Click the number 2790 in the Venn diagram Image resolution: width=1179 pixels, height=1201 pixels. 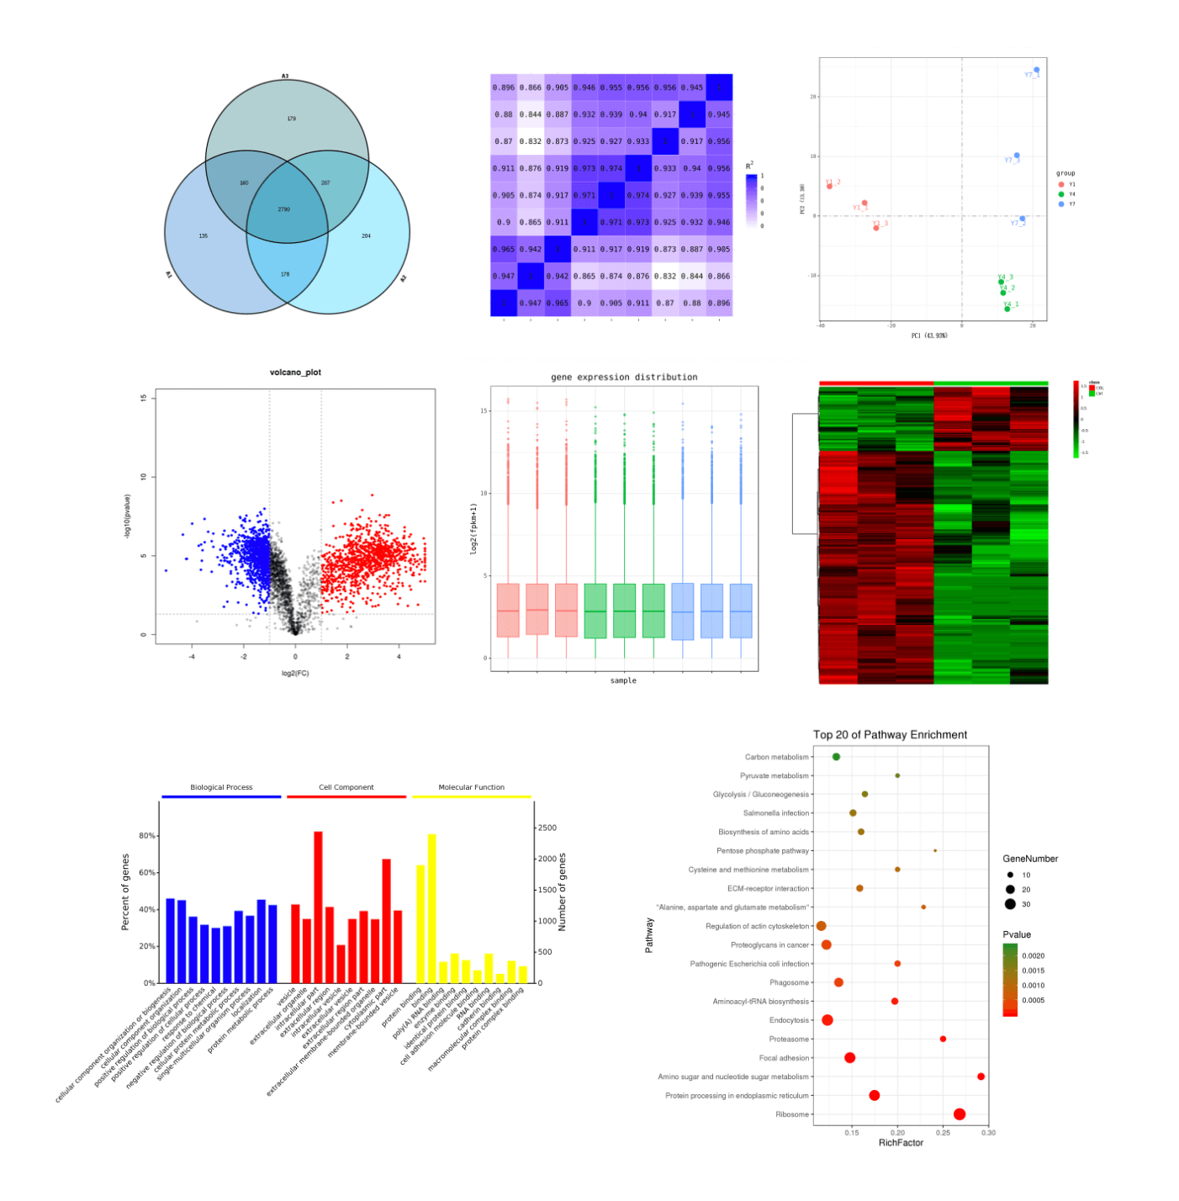point(284,209)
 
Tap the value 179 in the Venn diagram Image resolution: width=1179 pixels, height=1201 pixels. point(291,119)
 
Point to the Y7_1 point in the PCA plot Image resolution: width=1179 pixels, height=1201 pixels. point(1036,70)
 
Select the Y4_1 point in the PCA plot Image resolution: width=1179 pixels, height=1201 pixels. point(1007,309)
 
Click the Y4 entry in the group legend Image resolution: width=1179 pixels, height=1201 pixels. point(1071,194)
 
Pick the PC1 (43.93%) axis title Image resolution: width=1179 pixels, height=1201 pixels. point(929,336)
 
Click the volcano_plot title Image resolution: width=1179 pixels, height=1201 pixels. point(295,372)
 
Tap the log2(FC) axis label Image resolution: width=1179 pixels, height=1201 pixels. point(295,673)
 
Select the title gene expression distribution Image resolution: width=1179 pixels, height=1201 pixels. point(624,377)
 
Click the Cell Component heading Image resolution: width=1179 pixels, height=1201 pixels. point(346,787)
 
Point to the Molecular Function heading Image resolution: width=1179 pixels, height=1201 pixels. point(471,787)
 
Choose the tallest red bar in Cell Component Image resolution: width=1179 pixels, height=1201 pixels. point(318,907)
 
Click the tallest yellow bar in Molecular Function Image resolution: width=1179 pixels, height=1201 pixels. point(432,908)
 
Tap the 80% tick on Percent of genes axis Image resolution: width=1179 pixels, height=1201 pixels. point(147,836)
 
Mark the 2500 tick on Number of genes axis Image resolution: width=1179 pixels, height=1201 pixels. point(547,828)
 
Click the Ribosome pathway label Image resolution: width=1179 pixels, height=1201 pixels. point(792,1114)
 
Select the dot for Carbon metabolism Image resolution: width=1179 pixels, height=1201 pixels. point(836,757)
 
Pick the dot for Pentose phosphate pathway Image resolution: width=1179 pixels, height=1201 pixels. point(935,850)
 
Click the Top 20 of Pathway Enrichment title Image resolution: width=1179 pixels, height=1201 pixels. point(890,734)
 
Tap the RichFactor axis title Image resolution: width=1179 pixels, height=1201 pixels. point(901,1143)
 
